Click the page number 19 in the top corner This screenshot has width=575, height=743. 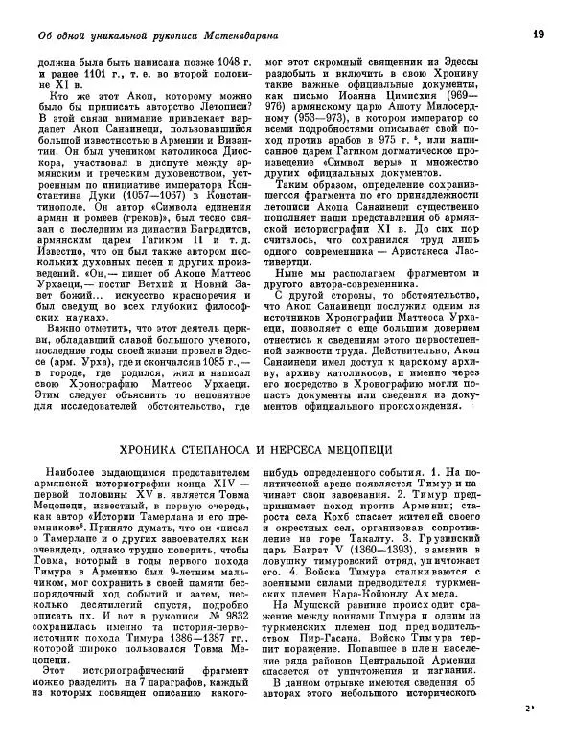[x=539, y=34]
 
